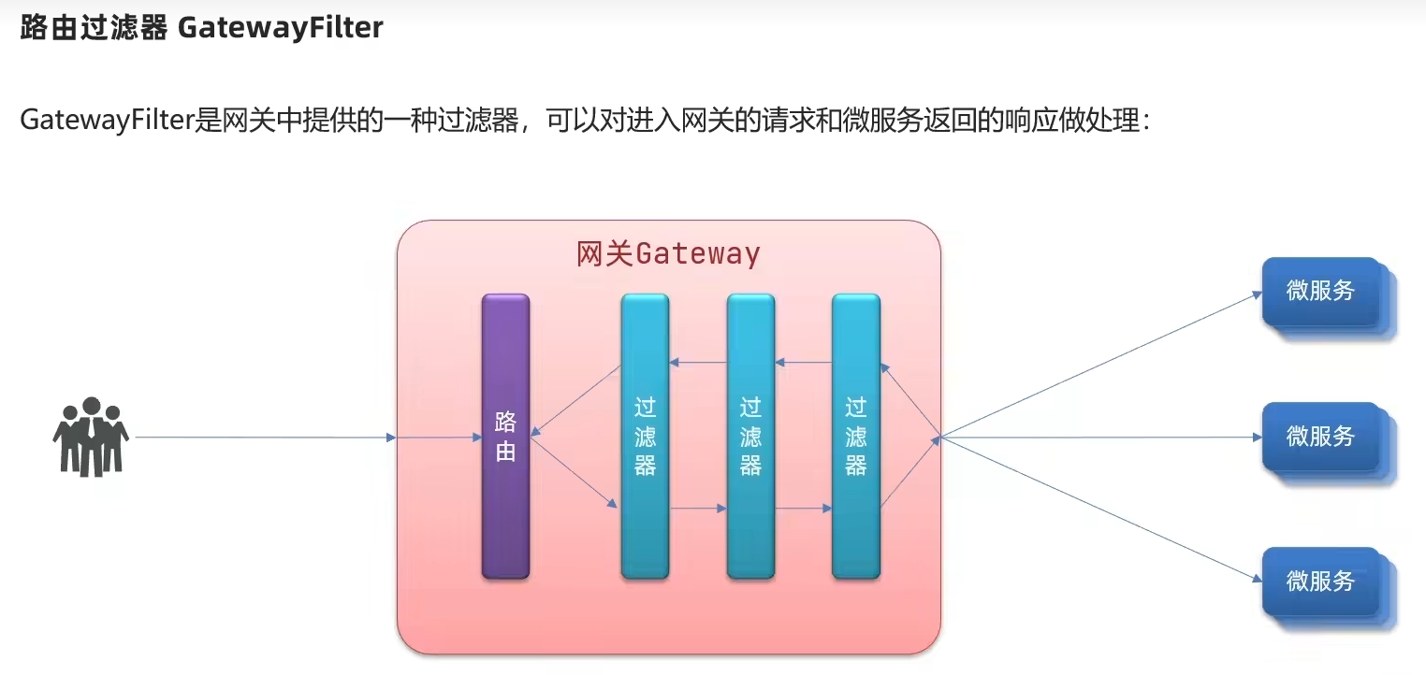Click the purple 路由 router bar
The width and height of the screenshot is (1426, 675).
[x=505, y=437]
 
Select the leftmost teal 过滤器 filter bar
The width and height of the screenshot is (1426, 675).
[x=645, y=437]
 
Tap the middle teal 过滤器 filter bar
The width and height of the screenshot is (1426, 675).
[x=750, y=437]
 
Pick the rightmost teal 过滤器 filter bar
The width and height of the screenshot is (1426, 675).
[x=856, y=437]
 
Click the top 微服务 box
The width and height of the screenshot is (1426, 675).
[x=1328, y=296]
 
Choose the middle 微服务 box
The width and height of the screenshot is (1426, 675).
[x=1328, y=441]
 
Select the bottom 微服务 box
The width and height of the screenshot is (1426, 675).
[x=1328, y=586]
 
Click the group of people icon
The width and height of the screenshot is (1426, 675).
[x=91, y=437]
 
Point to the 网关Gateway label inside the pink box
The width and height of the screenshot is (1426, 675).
[x=668, y=254]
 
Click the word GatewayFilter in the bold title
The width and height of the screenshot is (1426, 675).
[x=280, y=27]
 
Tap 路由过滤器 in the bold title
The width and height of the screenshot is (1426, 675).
[x=94, y=27]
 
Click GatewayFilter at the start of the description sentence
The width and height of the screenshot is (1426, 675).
[x=107, y=120]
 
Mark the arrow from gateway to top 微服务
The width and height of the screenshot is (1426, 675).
[x=1101, y=366]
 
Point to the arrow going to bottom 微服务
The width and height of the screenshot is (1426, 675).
[x=1101, y=509]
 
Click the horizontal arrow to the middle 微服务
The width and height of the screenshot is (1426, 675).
[x=1101, y=437]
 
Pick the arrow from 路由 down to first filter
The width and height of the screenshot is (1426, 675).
[x=575, y=472]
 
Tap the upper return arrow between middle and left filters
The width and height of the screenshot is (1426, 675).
[x=698, y=363]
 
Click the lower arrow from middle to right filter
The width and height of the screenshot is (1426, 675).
[x=804, y=509]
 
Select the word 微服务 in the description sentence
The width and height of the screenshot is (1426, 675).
[x=882, y=120]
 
